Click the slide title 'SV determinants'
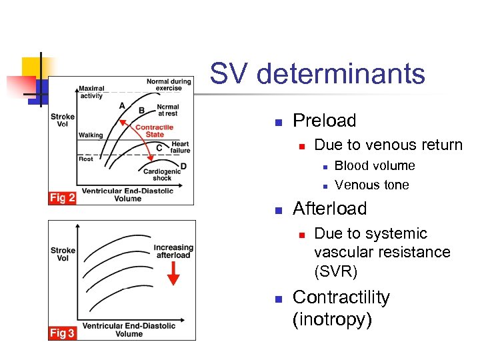point(317,73)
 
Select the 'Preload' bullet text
point(324,121)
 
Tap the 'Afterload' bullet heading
point(329,209)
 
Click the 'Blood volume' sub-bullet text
point(375,166)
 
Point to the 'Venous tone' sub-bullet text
point(372,185)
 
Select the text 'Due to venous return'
point(388,145)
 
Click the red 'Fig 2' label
point(62,198)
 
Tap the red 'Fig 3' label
point(62,333)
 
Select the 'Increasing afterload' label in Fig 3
point(173,251)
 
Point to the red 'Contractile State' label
point(154,131)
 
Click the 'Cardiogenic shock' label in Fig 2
point(161,175)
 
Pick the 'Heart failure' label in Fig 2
point(180,147)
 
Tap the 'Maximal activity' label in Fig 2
point(91,92)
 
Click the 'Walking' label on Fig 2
point(91,135)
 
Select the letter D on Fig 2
point(183,166)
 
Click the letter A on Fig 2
point(121,105)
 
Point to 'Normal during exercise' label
point(169,85)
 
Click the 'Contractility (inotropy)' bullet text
point(341,308)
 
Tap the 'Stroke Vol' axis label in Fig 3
point(63,255)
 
